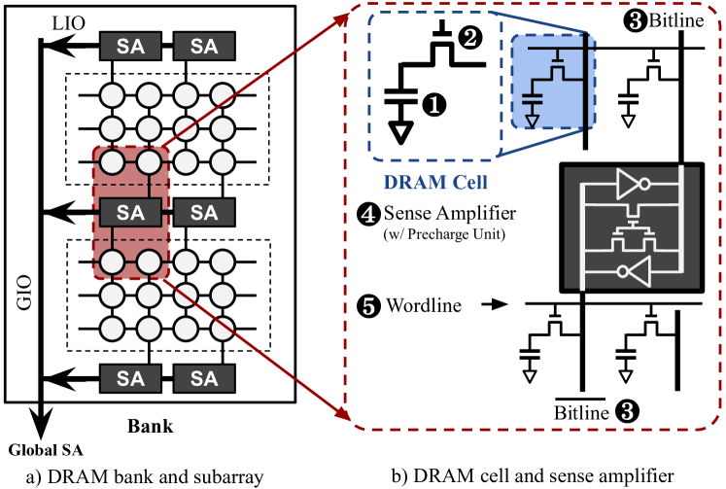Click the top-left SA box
(x=130, y=46)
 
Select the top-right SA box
(x=204, y=46)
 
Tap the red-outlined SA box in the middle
(x=130, y=212)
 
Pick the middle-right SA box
(x=204, y=212)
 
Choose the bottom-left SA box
(x=130, y=378)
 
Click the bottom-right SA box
(x=204, y=378)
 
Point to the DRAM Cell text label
(x=434, y=183)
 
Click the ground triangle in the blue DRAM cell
(x=532, y=120)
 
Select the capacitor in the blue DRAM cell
(x=532, y=98)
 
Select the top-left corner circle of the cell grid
(x=113, y=95)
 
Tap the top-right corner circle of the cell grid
(x=223, y=95)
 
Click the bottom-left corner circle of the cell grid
(x=113, y=328)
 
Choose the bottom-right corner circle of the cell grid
(x=223, y=328)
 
